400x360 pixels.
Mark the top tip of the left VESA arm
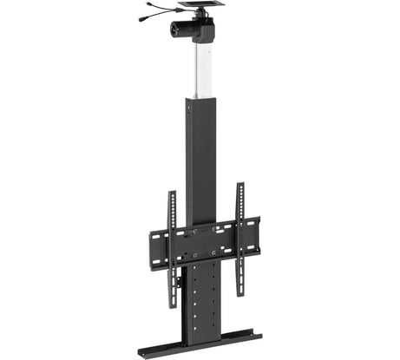pos(172,192)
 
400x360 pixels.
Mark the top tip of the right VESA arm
pos(239,185)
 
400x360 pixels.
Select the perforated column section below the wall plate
pos(204,295)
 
